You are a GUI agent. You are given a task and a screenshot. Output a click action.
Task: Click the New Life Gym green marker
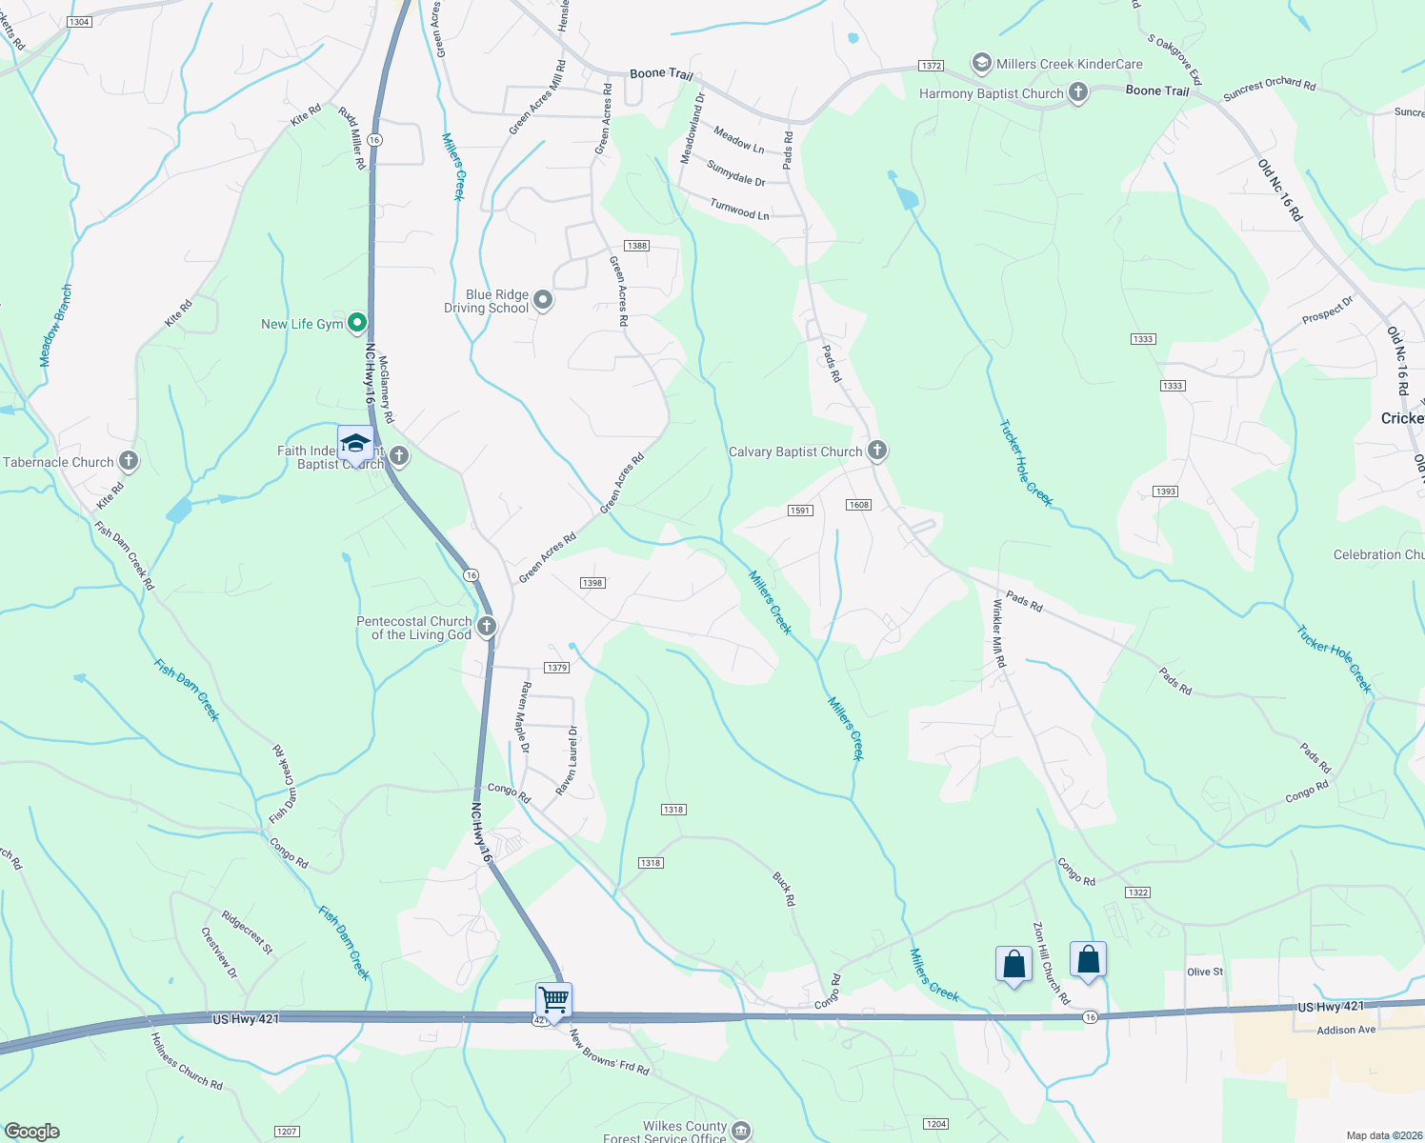click(357, 324)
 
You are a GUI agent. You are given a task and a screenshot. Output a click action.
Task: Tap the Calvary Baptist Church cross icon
click(877, 451)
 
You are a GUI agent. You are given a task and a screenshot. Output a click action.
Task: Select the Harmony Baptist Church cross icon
click(1078, 92)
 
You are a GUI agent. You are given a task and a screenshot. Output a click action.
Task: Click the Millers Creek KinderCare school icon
click(981, 64)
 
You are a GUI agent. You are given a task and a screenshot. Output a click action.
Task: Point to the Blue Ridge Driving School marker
click(543, 301)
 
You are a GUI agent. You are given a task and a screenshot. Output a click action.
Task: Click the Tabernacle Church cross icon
click(128, 462)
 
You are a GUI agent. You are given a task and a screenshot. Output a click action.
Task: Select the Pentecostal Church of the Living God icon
click(487, 627)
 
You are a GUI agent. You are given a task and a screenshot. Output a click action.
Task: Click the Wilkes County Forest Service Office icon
click(741, 1131)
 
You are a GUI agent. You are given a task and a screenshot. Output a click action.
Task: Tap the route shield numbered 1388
click(637, 246)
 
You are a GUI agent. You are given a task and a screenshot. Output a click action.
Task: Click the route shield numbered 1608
click(858, 505)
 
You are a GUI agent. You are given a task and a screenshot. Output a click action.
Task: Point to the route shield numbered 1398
click(592, 583)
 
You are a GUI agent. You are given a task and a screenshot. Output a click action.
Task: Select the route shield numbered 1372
click(931, 66)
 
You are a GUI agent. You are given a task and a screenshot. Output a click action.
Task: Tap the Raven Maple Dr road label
click(524, 717)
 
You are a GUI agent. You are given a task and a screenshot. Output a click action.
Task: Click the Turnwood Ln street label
click(739, 210)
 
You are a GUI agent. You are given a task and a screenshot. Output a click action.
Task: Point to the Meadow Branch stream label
click(55, 326)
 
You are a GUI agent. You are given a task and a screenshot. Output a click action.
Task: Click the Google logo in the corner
click(31, 1132)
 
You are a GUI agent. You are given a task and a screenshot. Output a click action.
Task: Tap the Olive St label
click(1205, 972)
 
